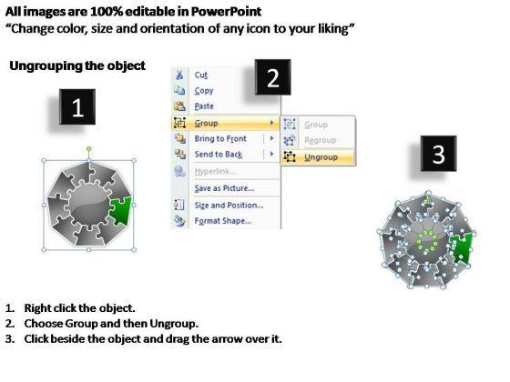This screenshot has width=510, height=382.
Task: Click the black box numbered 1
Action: click(x=77, y=107)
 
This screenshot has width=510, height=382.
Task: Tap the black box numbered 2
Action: click(x=273, y=77)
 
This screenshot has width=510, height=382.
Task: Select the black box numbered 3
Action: click(x=438, y=154)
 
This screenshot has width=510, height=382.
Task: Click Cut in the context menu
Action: click(x=200, y=75)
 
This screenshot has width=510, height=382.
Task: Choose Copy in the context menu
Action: click(x=204, y=91)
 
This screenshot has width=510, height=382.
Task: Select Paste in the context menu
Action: click(x=204, y=106)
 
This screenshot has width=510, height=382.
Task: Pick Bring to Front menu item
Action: click(x=220, y=138)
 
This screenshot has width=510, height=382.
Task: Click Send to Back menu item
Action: click(x=219, y=155)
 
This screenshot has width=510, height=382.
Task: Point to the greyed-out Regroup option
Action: click(x=320, y=140)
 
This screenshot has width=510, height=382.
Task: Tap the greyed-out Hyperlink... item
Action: click(x=215, y=171)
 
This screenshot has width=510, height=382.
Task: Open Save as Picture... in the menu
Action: click(x=224, y=188)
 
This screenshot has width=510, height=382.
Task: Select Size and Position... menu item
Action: click(x=229, y=206)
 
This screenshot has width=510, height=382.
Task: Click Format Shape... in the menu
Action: click(x=223, y=221)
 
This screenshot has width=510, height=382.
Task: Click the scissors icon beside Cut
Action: click(x=179, y=75)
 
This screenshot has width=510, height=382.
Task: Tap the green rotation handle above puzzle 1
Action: click(x=89, y=149)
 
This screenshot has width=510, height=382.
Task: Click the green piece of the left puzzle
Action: click(x=121, y=210)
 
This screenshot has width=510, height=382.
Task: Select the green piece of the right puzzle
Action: click(x=463, y=247)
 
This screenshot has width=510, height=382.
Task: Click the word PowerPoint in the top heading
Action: click(x=226, y=12)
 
